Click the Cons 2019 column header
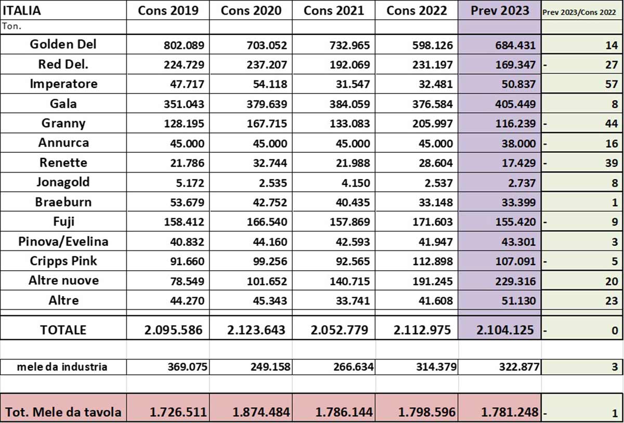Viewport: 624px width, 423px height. coord(168,11)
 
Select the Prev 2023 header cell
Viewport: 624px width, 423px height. coord(500,11)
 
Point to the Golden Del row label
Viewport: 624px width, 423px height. coord(63,45)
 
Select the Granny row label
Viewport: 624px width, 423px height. coord(63,124)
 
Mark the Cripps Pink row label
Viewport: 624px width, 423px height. coord(63,261)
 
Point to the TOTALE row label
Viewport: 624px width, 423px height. coord(63,330)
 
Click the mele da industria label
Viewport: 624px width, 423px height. coord(62,367)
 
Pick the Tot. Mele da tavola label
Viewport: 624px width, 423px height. coord(63,413)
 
